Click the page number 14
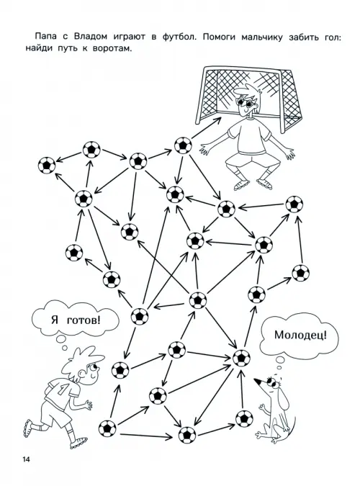coord(26,459)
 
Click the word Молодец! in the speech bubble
coord(300,335)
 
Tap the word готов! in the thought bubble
coord(84,320)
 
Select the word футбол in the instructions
coord(179,37)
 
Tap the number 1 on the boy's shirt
coord(62,390)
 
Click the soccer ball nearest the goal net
coord(183,145)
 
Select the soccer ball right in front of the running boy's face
coord(120,370)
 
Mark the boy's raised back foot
coord(27,428)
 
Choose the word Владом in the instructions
coord(91,37)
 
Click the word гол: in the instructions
coord(330,37)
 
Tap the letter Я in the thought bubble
coord(55,320)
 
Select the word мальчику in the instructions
coord(262,37)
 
